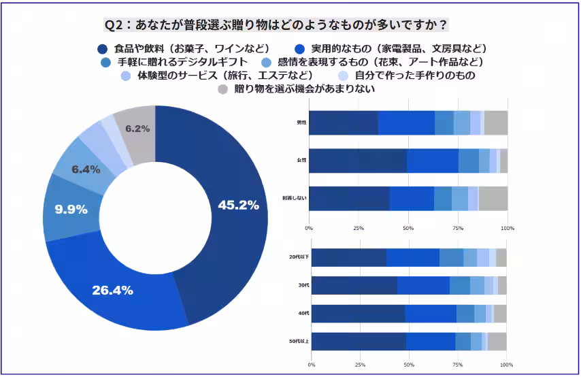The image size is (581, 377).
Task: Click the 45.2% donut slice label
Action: [237, 205]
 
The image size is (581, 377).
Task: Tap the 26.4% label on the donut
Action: [112, 290]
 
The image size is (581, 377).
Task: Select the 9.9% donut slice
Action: [71, 210]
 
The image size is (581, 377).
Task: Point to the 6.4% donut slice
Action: [86, 169]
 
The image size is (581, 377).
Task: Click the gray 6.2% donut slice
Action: [137, 128]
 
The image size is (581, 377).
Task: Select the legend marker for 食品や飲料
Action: [103, 49]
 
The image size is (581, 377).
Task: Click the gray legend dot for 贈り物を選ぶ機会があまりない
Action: [222, 89]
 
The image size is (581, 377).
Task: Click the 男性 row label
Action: [301, 122]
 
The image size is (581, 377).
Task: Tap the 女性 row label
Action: [301, 161]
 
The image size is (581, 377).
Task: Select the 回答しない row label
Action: [295, 198]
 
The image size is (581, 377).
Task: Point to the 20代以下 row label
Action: [299, 258]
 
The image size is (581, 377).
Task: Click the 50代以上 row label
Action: [299, 341]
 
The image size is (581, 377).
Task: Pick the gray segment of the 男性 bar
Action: [496, 122]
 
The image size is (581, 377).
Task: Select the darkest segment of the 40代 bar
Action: [358, 314]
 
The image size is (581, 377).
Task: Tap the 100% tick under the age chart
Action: [506, 365]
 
